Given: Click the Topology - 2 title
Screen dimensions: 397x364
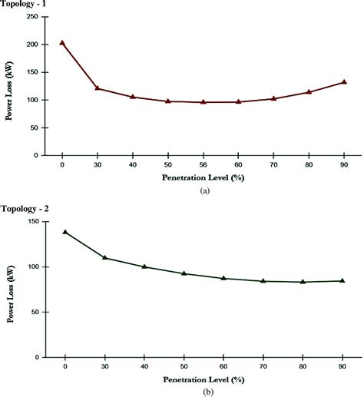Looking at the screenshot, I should click(25, 207).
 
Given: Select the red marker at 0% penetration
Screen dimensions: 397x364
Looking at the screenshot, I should click(62, 43).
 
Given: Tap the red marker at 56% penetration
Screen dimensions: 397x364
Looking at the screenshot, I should click(203, 101).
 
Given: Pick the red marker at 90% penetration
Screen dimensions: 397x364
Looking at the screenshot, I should click(343, 82).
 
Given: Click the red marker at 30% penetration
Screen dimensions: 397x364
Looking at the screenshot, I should click(98, 88).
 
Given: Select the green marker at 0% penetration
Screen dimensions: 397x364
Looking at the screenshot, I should click(65, 232).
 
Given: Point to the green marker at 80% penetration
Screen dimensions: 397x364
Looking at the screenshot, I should click(303, 282).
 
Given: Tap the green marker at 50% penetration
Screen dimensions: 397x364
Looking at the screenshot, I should click(184, 273).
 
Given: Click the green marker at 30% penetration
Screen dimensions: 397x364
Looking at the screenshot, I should click(104, 257).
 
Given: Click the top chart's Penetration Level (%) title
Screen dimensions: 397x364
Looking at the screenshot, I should click(202, 177).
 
